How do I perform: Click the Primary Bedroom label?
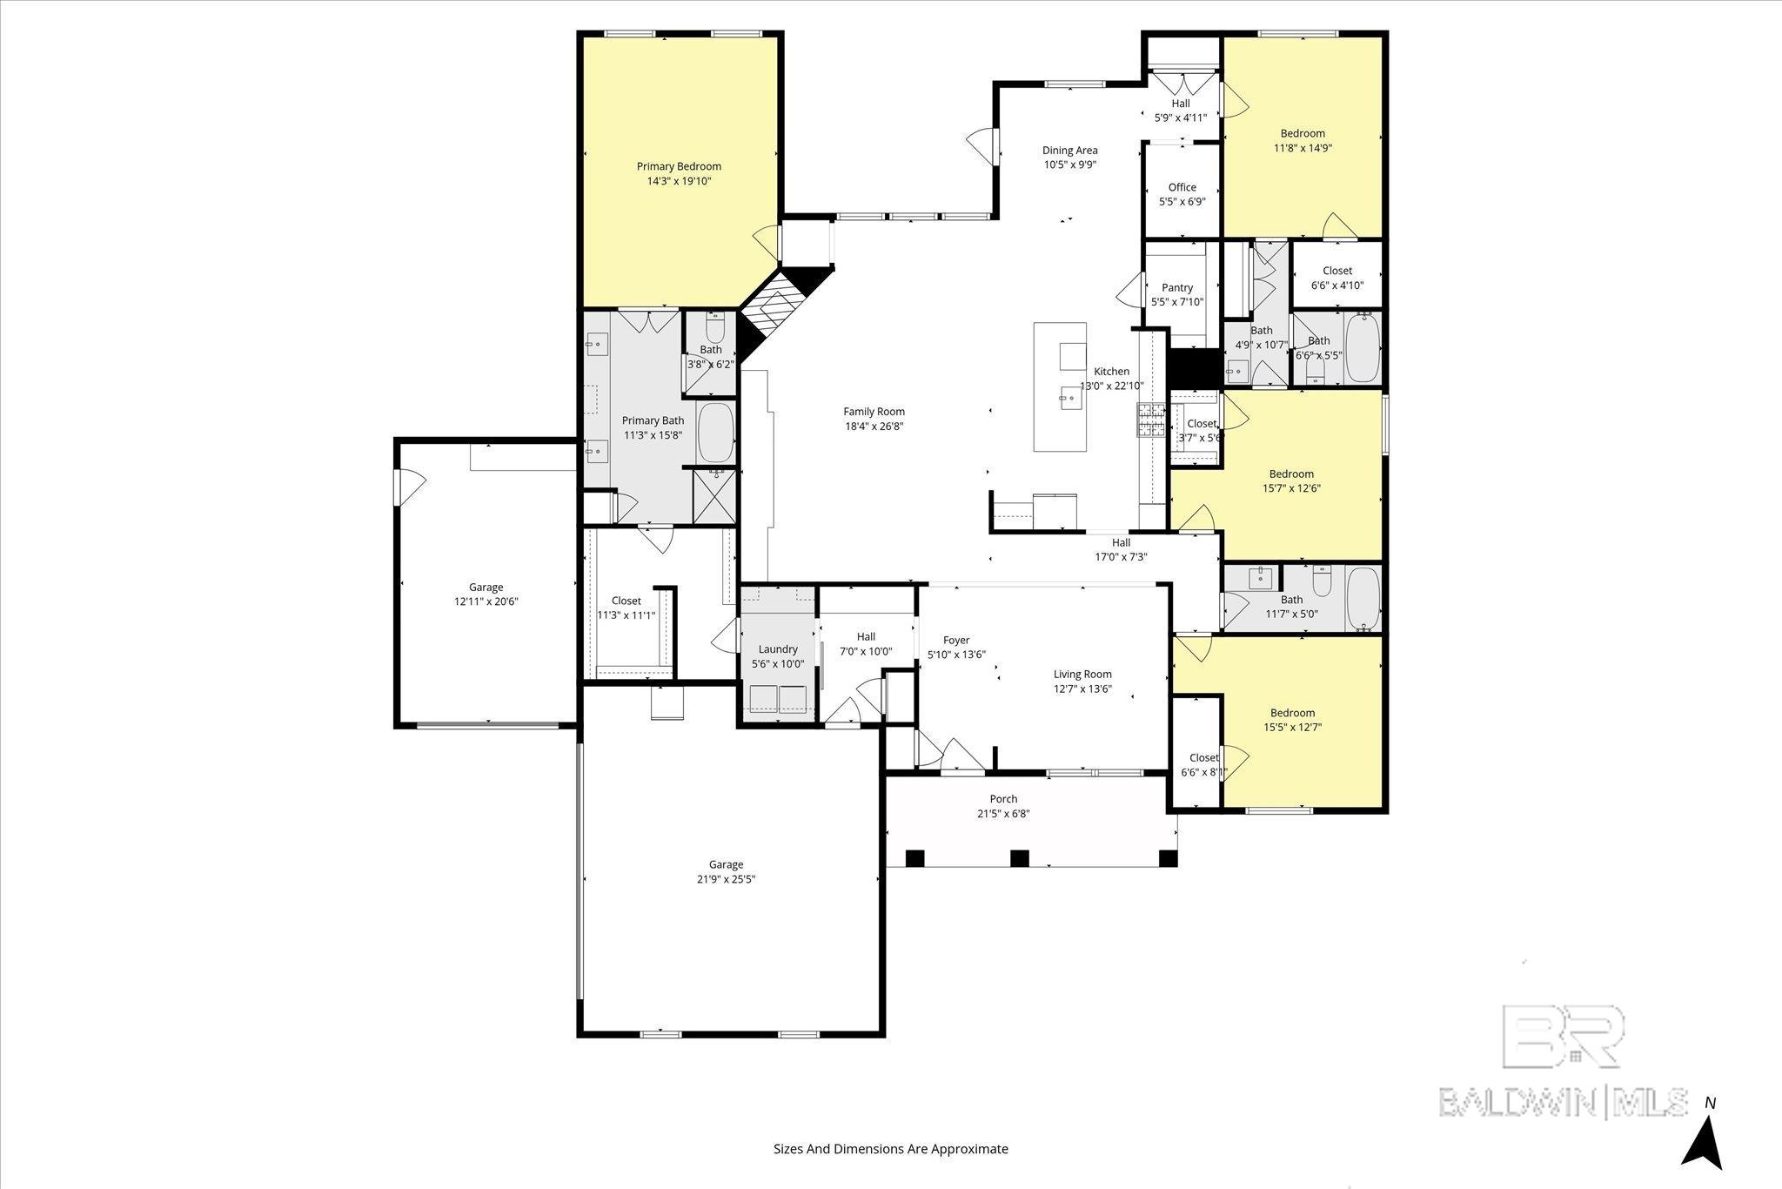[679, 166]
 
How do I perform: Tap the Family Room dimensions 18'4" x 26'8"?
[874, 427]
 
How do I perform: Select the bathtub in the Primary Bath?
[716, 433]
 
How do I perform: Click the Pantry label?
[1177, 287]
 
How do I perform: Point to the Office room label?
[1182, 187]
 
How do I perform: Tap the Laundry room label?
[778, 649]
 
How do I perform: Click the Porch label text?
[1003, 799]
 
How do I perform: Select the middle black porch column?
[1019, 858]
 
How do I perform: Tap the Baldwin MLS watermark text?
[1563, 1101]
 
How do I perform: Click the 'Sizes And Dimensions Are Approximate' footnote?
[890, 1149]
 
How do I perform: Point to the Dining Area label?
[1069, 151]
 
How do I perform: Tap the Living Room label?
[1082, 674]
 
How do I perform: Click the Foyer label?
[956, 640]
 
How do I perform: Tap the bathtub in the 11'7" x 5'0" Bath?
[1363, 598]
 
